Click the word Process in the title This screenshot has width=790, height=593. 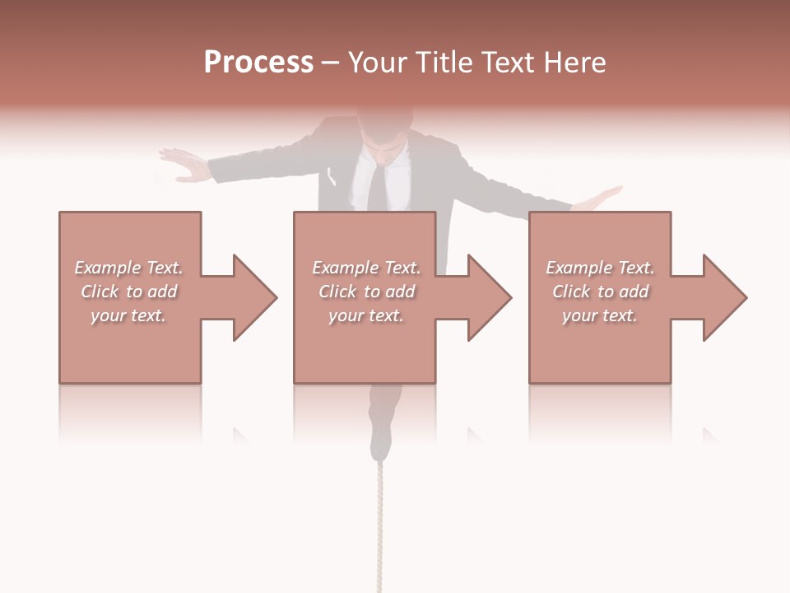pyautogui.click(x=258, y=63)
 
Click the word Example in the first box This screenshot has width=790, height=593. pyautogui.click(x=108, y=268)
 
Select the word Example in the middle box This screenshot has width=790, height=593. pyautogui.click(x=346, y=268)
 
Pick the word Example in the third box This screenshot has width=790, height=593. pyautogui.click(x=579, y=268)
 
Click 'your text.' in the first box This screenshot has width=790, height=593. pyautogui.click(x=128, y=315)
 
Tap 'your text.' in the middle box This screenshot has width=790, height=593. pyautogui.click(x=366, y=315)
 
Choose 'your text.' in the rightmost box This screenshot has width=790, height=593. pyautogui.click(x=600, y=315)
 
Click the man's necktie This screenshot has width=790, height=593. pyautogui.click(x=375, y=189)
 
